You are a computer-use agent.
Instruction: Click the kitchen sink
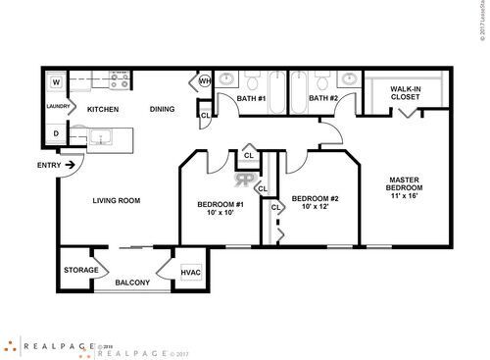coord(102,138)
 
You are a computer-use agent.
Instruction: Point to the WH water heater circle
coord(206,81)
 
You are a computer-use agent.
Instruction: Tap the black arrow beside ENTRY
coord(72,165)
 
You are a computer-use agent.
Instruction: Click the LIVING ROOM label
coord(117,200)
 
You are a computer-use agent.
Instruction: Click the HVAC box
coord(190,271)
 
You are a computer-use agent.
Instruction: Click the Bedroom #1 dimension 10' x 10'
coord(220,213)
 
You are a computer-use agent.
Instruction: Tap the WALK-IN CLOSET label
coord(405,93)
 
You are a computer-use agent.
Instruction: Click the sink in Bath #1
coord(227,79)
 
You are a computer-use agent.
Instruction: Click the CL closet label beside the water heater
coord(205,116)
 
